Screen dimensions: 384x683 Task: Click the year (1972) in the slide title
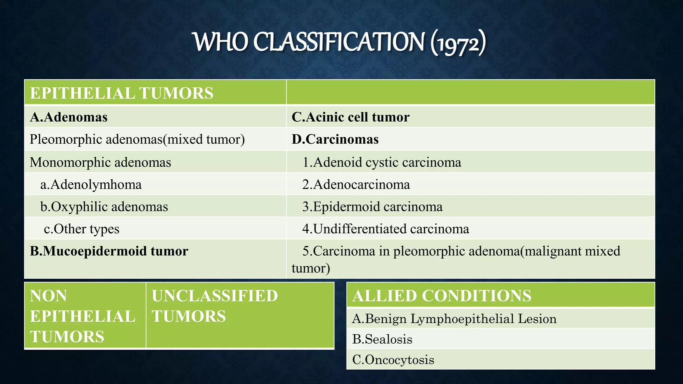coord(458,43)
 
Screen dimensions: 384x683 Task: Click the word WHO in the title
coord(221,42)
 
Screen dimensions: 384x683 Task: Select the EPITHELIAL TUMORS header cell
coord(122,93)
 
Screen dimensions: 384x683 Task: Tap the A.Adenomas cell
coord(69,117)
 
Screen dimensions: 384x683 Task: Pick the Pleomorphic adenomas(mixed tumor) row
coord(137,139)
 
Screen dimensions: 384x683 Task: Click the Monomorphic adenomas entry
coord(100,162)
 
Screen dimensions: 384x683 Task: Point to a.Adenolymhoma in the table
coord(91,184)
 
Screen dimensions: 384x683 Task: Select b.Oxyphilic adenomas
coord(104,207)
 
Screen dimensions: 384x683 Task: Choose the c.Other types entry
coord(82,229)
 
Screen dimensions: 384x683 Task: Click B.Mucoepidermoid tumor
coord(109,251)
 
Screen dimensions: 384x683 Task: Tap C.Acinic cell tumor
coord(351,117)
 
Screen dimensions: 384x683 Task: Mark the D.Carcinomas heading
coord(335,139)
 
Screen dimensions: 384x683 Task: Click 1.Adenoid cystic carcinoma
coord(382,162)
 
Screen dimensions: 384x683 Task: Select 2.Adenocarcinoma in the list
coord(356,184)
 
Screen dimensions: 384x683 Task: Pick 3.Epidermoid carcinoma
coord(373,207)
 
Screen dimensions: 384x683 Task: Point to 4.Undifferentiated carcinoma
coord(386,229)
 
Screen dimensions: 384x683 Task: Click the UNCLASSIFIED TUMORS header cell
coord(215,306)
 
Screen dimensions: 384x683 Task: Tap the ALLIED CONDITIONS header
coord(442,296)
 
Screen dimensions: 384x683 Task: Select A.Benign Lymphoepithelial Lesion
coord(454,319)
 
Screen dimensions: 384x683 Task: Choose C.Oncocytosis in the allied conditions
coord(393,360)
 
